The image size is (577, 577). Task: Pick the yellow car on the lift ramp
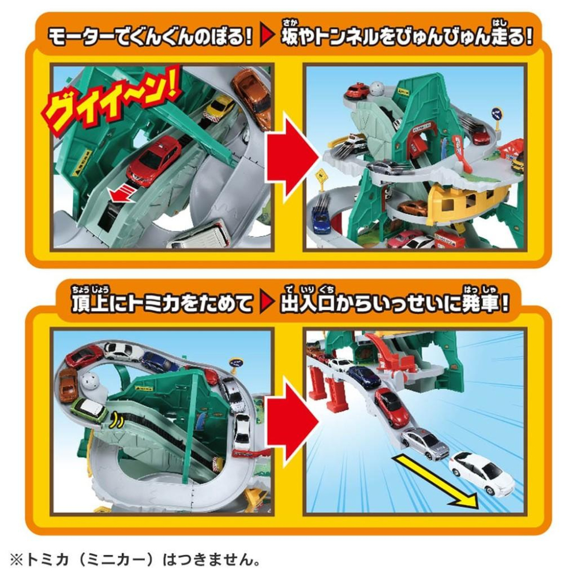[218, 107]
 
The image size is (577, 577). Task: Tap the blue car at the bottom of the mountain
[320, 218]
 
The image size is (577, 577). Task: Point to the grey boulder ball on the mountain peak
[376, 88]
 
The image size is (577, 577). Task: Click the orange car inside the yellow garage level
[413, 208]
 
